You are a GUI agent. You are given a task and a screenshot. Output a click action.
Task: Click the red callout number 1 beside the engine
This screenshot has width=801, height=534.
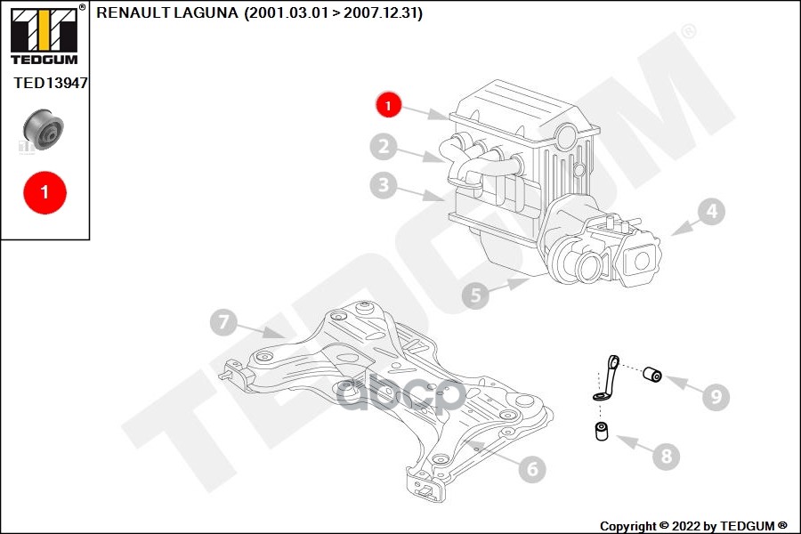point(389,105)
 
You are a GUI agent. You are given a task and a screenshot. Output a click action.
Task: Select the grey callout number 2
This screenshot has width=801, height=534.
point(384,147)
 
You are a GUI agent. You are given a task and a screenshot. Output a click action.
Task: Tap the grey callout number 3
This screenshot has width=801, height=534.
point(384,185)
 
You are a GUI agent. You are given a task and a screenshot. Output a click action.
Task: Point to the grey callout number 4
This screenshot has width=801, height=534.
point(712,212)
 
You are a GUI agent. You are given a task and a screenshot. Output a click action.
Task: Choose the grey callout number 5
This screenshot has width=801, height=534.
point(475,295)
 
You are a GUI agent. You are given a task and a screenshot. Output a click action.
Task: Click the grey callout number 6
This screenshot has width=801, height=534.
point(532,469)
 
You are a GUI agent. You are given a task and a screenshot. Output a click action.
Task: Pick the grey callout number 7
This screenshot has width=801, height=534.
point(223,322)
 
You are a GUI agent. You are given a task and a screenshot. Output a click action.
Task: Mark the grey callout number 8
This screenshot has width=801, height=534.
point(666,456)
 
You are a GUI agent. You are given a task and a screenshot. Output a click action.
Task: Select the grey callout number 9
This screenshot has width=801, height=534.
point(716,396)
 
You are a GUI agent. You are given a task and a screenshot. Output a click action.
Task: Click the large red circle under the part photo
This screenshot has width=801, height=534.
point(45,192)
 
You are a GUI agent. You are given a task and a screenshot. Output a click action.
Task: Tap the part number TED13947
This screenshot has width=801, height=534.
point(51,83)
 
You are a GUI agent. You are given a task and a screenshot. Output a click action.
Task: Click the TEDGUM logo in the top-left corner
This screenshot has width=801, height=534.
point(45,35)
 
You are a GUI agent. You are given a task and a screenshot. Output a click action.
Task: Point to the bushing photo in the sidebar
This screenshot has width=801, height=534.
point(44,129)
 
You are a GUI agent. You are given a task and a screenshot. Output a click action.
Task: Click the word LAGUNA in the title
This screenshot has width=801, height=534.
point(206,12)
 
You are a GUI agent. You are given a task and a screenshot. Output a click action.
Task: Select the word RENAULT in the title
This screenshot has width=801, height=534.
point(133,12)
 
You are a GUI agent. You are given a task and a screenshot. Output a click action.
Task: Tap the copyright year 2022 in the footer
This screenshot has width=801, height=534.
point(686,526)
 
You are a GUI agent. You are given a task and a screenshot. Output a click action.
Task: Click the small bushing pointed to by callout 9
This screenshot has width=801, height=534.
point(652,374)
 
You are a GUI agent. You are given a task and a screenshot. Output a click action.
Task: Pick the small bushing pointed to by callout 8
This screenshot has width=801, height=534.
point(602,432)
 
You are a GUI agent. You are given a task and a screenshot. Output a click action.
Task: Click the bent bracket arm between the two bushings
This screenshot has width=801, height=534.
point(606,378)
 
